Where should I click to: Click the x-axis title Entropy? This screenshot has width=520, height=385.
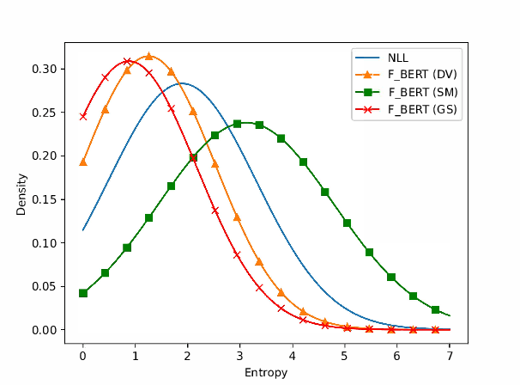(x=266, y=373)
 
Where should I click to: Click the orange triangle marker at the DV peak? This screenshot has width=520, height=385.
(x=149, y=56)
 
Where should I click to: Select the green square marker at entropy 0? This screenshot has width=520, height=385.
(x=83, y=293)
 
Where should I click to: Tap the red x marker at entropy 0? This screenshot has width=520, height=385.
(x=83, y=116)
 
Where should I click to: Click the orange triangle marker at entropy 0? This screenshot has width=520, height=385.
(x=83, y=162)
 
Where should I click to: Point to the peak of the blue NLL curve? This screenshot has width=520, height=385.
(x=181, y=83)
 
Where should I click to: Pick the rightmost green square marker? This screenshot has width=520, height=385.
(x=435, y=309)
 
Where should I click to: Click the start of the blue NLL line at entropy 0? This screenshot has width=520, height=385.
(x=83, y=229)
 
